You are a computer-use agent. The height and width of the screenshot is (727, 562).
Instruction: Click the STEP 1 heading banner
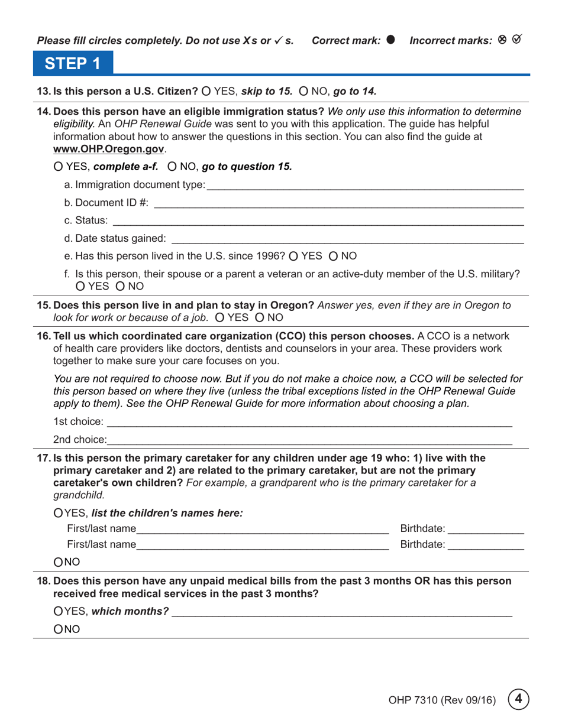point(72,62)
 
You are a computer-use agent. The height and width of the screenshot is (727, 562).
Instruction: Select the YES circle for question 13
point(206,91)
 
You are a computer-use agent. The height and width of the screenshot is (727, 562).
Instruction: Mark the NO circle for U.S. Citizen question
point(303,91)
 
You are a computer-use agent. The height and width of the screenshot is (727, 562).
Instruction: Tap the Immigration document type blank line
point(364,186)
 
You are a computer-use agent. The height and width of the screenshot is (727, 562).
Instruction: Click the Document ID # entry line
point(338,203)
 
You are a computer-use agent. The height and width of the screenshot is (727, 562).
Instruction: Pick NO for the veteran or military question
point(120,287)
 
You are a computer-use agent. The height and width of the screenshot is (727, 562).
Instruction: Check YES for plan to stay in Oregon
point(220,317)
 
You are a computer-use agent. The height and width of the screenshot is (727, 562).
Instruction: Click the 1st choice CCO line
point(308,423)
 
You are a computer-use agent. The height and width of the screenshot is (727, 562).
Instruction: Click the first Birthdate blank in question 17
point(485,529)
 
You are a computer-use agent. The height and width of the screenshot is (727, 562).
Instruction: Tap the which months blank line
point(341,612)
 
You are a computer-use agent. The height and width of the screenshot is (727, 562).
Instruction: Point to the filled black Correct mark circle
point(390,40)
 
